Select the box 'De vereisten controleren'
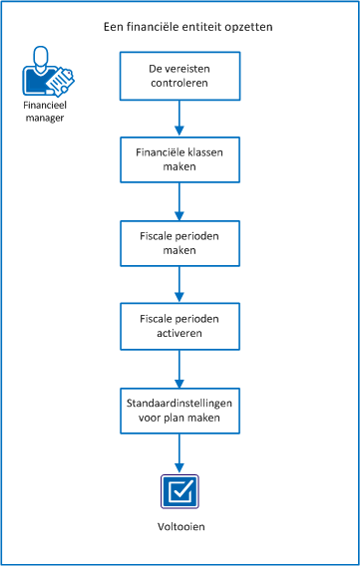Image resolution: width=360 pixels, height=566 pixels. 180,75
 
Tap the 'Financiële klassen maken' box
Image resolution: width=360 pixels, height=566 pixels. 180,160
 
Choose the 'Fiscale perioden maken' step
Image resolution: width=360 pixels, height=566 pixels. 180,245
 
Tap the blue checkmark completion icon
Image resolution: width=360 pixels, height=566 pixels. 180,492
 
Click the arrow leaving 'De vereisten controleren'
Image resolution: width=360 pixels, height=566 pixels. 180,118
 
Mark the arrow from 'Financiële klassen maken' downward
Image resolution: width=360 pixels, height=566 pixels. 180,202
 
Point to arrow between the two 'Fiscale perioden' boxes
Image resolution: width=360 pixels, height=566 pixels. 180,287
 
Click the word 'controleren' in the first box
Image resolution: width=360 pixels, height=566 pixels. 180,83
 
